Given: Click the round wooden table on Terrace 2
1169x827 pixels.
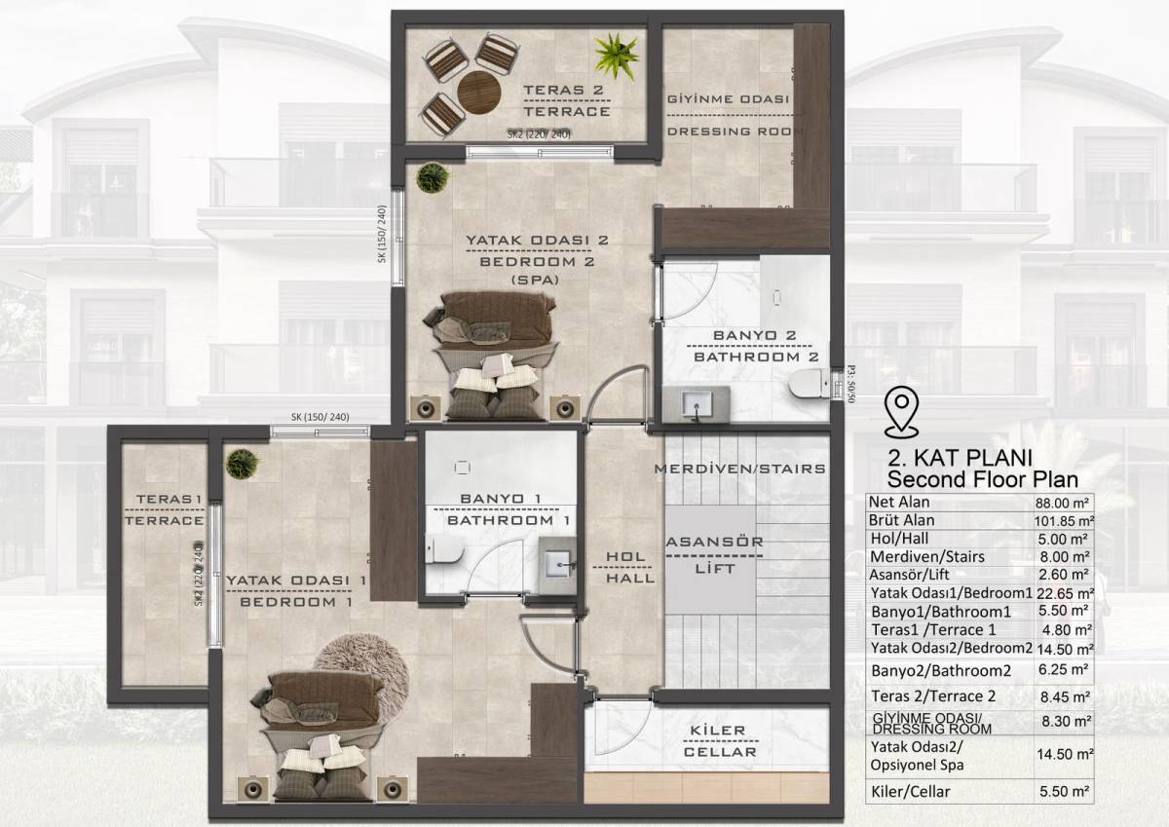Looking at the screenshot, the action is [479, 92].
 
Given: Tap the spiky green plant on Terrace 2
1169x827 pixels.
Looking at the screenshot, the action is [617, 56].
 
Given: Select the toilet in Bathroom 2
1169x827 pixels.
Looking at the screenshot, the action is [809, 383].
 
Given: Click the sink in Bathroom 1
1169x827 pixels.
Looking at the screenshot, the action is [558, 565].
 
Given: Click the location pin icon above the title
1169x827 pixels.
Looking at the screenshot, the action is [901, 412].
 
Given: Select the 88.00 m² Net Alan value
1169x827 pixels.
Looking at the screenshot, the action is [1063, 503].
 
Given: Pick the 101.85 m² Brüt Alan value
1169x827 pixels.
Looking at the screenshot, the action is [1064, 521].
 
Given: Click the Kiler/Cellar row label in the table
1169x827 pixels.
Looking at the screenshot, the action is [910, 792].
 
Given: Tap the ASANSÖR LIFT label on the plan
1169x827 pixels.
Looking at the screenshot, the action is [714, 555].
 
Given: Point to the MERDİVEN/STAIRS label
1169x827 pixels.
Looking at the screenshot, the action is [740, 469].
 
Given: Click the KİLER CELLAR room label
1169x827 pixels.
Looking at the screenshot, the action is [720, 741].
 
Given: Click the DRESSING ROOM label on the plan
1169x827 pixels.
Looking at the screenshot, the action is [735, 132].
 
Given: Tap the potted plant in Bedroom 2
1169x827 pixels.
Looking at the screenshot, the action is [433, 178].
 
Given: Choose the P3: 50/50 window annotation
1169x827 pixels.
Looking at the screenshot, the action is [850, 383].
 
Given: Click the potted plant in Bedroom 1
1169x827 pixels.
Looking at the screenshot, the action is [243, 463].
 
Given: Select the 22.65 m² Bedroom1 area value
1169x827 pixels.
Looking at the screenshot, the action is [1065, 594].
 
